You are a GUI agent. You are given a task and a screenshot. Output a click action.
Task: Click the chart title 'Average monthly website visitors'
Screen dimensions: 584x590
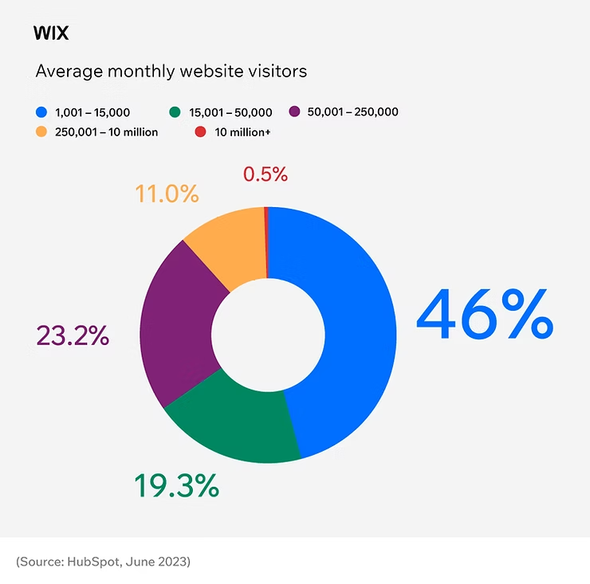pos(171,71)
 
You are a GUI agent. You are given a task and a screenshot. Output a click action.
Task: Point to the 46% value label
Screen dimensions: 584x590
pos(484,316)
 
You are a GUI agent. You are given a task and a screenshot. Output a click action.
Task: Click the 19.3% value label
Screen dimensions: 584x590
pos(176,485)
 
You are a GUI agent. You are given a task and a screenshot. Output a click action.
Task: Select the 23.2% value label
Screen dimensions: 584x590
pos(73,335)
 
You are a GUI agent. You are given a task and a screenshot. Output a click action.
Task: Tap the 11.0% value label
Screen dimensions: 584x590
pos(166,194)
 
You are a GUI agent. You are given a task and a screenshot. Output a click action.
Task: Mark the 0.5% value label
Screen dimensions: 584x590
pos(265,174)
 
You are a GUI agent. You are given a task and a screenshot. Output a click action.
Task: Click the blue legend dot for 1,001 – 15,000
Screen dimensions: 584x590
pos(41,112)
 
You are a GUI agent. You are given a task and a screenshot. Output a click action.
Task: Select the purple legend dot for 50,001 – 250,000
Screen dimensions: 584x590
pos(293,112)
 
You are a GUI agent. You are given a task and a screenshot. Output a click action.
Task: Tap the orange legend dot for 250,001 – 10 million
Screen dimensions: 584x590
pos(41,131)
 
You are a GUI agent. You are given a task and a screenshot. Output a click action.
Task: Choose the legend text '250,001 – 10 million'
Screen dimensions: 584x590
pos(106,131)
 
